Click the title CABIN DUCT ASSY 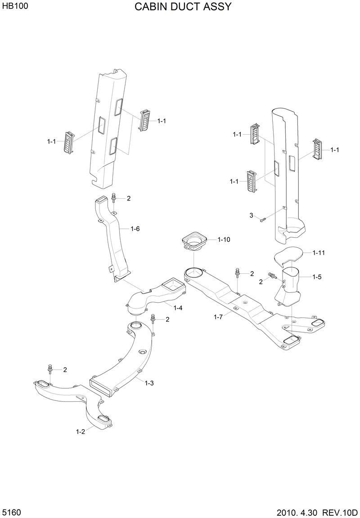183,7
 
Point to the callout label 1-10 224,240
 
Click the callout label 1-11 318,253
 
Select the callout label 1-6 135,229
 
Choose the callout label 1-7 219,317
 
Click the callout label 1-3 149,383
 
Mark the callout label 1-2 81,432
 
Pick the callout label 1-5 317,277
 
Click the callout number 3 252,216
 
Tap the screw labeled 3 263,219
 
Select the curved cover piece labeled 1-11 288,255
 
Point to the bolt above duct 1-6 112,198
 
